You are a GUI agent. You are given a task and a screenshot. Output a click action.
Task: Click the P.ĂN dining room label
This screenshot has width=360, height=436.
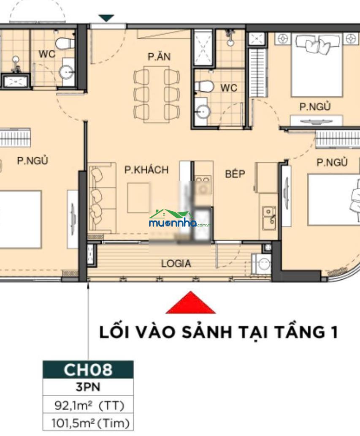pos(159,57)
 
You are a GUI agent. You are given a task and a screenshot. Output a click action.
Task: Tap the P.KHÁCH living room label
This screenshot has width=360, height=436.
pos(146,169)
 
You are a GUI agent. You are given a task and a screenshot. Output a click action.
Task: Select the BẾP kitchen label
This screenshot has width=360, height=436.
pos(235,174)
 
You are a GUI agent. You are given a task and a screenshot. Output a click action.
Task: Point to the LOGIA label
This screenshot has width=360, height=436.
pos(176,263)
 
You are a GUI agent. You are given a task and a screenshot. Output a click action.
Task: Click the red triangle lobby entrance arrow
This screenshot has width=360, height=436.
pos(191,303)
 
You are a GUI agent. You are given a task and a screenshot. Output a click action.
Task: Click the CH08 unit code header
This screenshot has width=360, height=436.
pos(88,370)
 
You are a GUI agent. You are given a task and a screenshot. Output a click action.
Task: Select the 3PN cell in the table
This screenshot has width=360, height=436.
pos(88,387)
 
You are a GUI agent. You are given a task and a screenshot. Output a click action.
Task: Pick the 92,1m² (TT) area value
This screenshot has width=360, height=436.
pos(89,406)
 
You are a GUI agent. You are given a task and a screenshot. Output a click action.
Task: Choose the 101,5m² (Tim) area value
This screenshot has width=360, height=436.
pos(90,423)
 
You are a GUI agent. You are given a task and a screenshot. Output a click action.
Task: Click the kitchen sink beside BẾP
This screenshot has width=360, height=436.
pos(269,218)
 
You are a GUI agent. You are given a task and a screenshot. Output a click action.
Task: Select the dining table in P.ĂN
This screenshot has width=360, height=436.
pos(157,94)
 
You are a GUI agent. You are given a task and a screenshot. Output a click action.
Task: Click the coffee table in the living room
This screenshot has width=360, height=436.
pos(138,198)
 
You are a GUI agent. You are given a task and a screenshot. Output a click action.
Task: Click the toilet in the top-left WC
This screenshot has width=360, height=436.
pos(65,44)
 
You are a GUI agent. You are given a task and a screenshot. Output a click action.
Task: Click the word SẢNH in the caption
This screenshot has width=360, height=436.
pos(207,332)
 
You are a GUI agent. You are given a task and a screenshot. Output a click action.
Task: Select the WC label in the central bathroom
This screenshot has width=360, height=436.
pos(229,88)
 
